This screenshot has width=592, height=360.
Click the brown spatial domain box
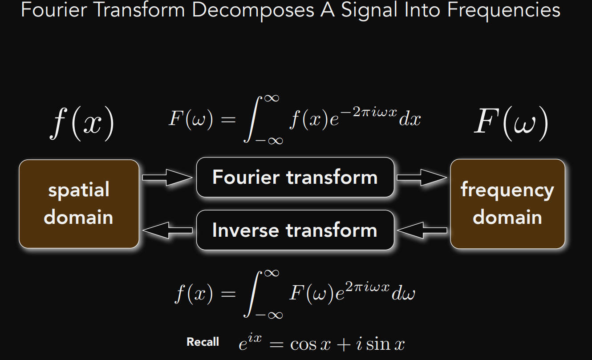(x=79, y=203)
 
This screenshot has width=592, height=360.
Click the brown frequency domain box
(x=507, y=203)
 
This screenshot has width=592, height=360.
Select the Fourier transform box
(x=295, y=177)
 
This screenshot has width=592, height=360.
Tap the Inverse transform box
(x=295, y=230)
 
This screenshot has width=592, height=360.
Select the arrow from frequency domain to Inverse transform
(x=422, y=230)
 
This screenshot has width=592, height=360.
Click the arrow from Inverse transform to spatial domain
(x=167, y=230)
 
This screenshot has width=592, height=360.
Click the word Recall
(x=203, y=342)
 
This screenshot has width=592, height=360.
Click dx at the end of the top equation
(x=410, y=119)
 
